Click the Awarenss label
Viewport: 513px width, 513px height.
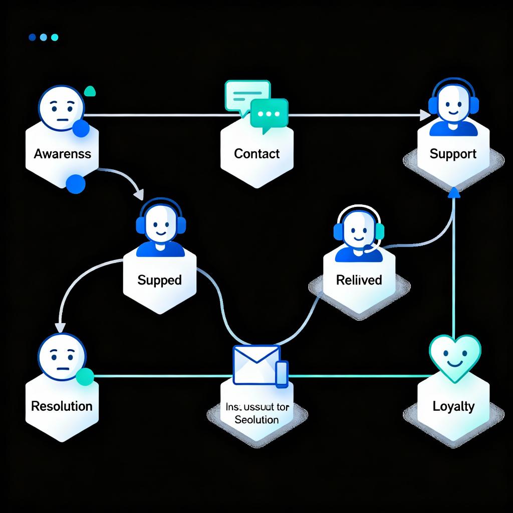(x=63, y=153)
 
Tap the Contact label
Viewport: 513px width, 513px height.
(x=257, y=153)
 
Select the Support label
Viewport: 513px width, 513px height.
(x=453, y=153)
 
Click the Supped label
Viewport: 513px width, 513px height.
(x=159, y=280)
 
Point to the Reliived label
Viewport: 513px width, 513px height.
(x=359, y=280)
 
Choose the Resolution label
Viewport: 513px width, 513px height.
(x=62, y=405)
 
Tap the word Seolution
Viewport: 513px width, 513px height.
(x=256, y=419)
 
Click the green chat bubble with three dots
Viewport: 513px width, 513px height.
(x=269, y=114)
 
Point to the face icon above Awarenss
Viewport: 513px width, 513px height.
(x=60, y=108)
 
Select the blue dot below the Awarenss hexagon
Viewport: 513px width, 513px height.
(x=76, y=184)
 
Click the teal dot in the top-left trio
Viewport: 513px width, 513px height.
(x=55, y=37)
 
